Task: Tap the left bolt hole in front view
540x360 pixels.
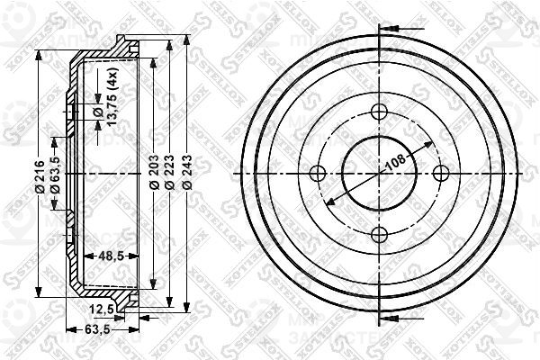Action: click(x=316, y=174)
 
